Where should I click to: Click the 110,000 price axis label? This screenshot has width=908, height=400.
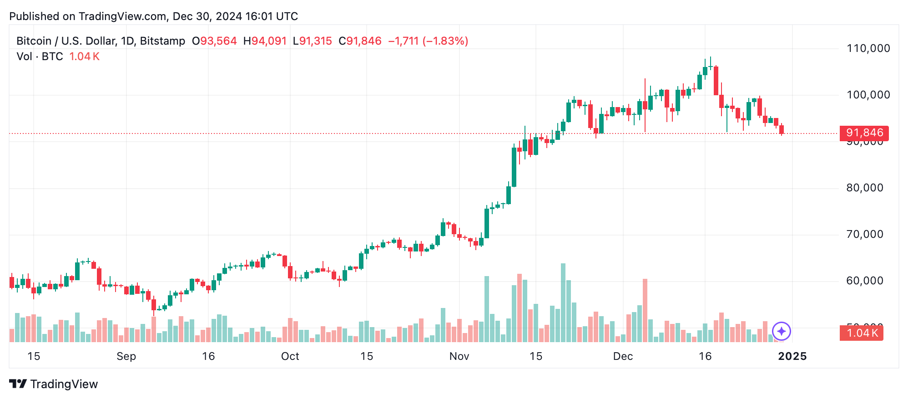(x=868, y=48)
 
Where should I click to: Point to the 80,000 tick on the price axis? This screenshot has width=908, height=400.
(x=864, y=188)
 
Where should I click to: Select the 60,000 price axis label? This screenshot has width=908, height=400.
(x=864, y=281)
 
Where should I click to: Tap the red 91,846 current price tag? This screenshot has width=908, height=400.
(x=864, y=133)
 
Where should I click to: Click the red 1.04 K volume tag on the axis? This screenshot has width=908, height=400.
(x=861, y=333)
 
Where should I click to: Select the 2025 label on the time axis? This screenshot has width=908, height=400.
(x=792, y=356)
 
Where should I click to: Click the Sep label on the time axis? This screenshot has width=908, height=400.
(x=126, y=356)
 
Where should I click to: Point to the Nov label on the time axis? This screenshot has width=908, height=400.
(x=459, y=356)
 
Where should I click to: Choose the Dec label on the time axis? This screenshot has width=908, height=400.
(x=623, y=356)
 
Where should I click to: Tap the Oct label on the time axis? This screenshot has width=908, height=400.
(x=290, y=356)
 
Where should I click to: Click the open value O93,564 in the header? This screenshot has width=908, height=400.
(x=214, y=41)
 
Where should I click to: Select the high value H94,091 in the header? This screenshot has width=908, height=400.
(x=265, y=41)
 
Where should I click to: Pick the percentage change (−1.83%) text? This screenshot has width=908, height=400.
(x=445, y=41)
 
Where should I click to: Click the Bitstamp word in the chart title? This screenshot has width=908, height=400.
(x=162, y=41)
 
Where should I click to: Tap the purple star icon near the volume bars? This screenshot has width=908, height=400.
(x=781, y=331)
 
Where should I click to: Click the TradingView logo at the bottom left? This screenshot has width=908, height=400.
(x=53, y=384)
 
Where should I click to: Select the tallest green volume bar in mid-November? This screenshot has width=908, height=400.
(x=563, y=303)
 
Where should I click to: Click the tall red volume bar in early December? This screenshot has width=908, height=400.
(x=645, y=310)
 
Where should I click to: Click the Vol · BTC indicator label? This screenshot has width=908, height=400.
(x=40, y=56)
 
